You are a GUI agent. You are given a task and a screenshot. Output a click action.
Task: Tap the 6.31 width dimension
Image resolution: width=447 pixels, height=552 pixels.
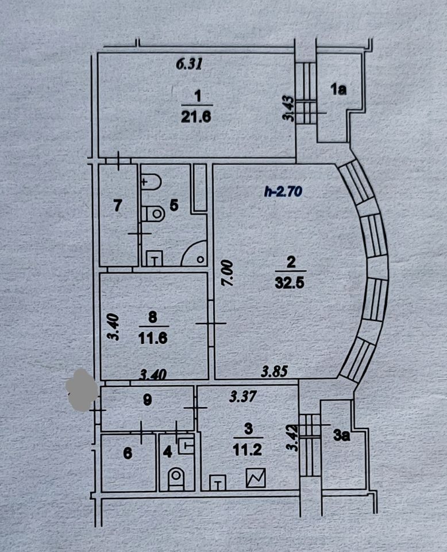click(x=190, y=64)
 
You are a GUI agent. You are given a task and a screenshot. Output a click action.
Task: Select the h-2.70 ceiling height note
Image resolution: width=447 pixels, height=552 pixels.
click(x=283, y=193)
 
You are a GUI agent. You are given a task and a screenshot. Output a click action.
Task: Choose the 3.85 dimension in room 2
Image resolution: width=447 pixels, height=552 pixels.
click(x=273, y=373)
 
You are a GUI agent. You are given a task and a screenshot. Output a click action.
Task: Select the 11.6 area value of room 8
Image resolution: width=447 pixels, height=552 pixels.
click(x=152, y=339)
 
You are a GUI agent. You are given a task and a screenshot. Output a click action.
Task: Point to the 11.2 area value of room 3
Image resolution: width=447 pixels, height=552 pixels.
click(x=248, y=450)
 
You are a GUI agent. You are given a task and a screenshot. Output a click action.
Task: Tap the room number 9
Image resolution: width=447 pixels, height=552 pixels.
click(x=147, y=401)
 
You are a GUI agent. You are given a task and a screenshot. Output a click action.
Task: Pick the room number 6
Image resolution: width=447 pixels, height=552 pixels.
click(x=128, y=454)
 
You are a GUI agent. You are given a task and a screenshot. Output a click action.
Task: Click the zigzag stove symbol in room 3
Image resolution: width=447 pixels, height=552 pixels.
click(x=255, y=478)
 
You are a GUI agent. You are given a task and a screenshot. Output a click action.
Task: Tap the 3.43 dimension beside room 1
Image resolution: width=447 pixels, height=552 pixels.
click(x=290, y=108)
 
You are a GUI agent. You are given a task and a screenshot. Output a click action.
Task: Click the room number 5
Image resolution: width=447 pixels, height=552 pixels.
click(x=175, y=204)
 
